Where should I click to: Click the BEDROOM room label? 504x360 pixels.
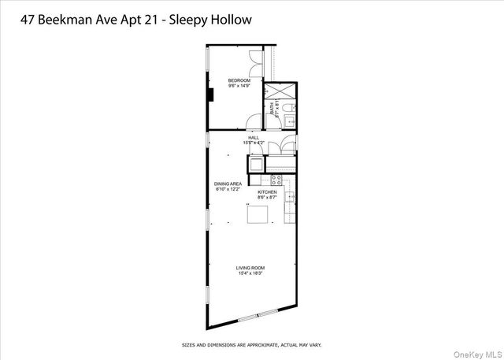[x=239, y=80]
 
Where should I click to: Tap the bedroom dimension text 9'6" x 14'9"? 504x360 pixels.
[x=239, y=86]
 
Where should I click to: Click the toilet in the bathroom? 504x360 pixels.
[x=289, y=106]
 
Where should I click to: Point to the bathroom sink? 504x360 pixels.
[x=288, y=121]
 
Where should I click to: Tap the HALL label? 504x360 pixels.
[x=254, y=138]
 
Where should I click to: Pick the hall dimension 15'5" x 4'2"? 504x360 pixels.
[x=254, y=143]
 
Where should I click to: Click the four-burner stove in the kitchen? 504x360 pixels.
[x=276, y=180]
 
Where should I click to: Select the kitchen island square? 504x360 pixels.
[x=258, y=215]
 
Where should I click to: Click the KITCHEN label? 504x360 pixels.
[x=267, y=191]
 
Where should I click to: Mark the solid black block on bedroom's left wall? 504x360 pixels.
[x=210, y=95]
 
